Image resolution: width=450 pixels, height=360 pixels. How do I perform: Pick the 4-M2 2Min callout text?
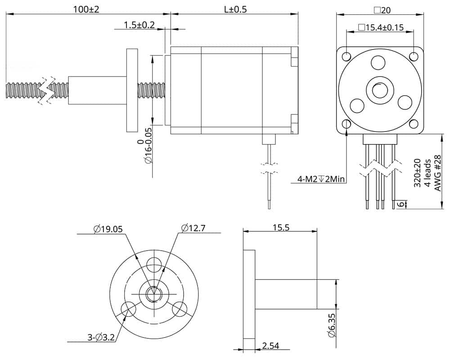[x=321, y=180]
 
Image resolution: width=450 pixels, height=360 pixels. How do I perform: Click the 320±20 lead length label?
[x=417, y=172]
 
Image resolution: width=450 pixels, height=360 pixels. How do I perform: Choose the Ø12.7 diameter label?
[x=193, y=228]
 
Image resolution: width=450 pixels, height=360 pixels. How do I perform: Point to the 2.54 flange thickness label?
[x=270, y=346]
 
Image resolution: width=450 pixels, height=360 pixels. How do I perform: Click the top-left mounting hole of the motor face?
[x=346, y=57]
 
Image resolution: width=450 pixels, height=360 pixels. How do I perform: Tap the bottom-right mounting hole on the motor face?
[x=414, y=124]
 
